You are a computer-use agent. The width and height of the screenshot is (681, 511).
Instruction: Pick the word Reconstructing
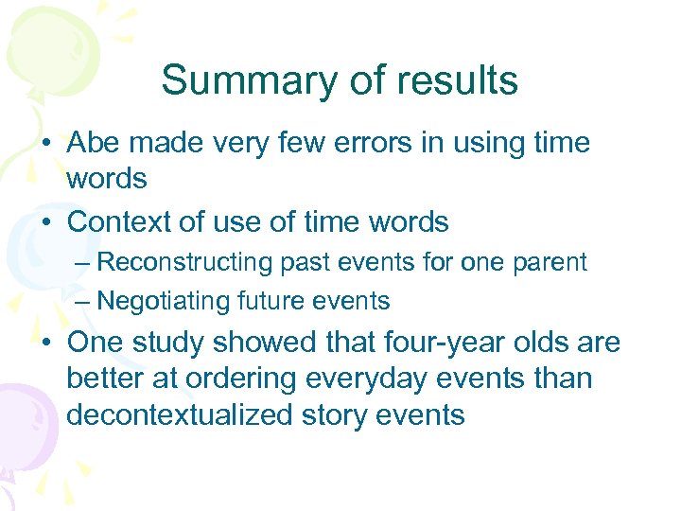tap(185, 262)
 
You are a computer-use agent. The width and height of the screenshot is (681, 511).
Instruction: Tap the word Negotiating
tap(157, 302)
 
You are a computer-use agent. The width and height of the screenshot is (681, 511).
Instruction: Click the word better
tap(106, 379)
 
